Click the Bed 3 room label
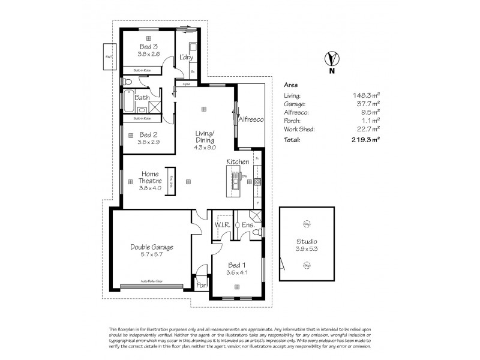coord(148,46)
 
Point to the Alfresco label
coord(251,119)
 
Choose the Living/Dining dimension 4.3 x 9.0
coord(205,147)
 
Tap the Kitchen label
coord(238,162)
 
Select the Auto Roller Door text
coord(152,281)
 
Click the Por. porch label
coord(201,286)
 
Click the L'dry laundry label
coord(185,58)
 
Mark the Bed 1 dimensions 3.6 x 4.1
coord(236,272)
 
